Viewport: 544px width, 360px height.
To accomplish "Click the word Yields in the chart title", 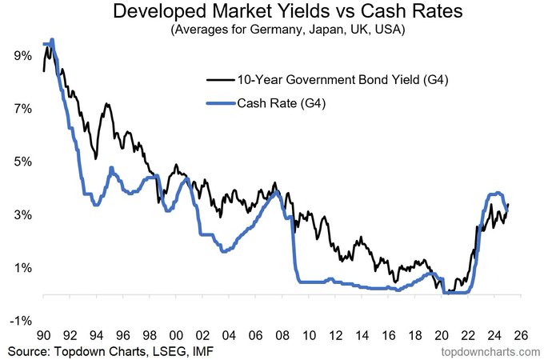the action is (300, 10).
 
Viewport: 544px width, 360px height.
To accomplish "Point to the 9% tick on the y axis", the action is (23, 55).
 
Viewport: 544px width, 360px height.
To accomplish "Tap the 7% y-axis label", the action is (23, 109).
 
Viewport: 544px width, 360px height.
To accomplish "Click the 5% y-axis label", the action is (23, 162).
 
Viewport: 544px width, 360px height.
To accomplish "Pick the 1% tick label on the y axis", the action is (23, 268).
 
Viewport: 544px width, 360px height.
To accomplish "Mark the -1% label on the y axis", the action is (21, 321).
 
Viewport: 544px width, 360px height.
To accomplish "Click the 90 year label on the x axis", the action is (44, 335).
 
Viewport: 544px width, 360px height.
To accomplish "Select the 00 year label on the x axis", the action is (176, 335).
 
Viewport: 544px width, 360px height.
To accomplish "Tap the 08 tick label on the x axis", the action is (282, 335).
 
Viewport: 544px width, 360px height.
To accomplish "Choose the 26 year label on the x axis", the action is (521, 335).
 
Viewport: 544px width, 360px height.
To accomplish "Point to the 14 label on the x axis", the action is (362, 335).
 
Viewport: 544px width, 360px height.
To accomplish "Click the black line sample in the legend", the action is (220, 80).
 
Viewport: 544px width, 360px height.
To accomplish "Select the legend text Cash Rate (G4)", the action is (282, 103).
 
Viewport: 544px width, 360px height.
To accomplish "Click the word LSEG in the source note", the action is (166, 351).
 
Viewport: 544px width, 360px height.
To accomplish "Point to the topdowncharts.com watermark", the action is (490, 352).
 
